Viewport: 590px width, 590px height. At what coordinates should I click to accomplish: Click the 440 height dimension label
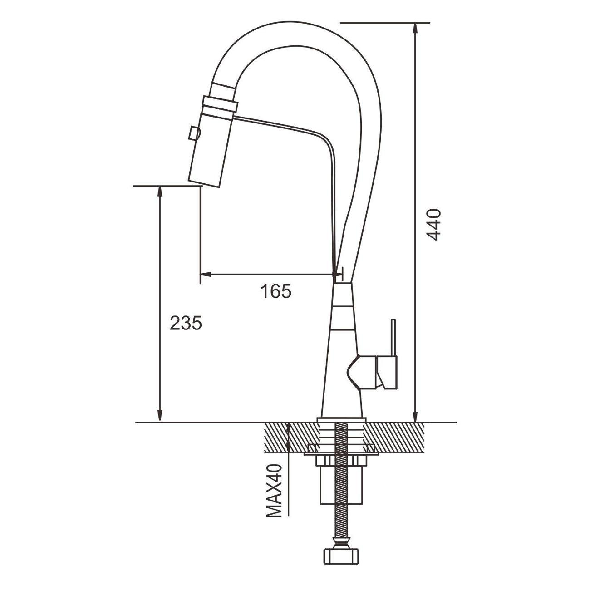tap(433, 225)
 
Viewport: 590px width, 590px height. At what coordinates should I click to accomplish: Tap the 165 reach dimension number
tap(276, 291)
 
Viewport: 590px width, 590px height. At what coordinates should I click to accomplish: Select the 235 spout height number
tap(186, 323)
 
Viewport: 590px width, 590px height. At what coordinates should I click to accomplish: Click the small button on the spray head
tap(194, 133)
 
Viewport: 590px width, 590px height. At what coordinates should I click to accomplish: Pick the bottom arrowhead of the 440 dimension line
tap(415, 415)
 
